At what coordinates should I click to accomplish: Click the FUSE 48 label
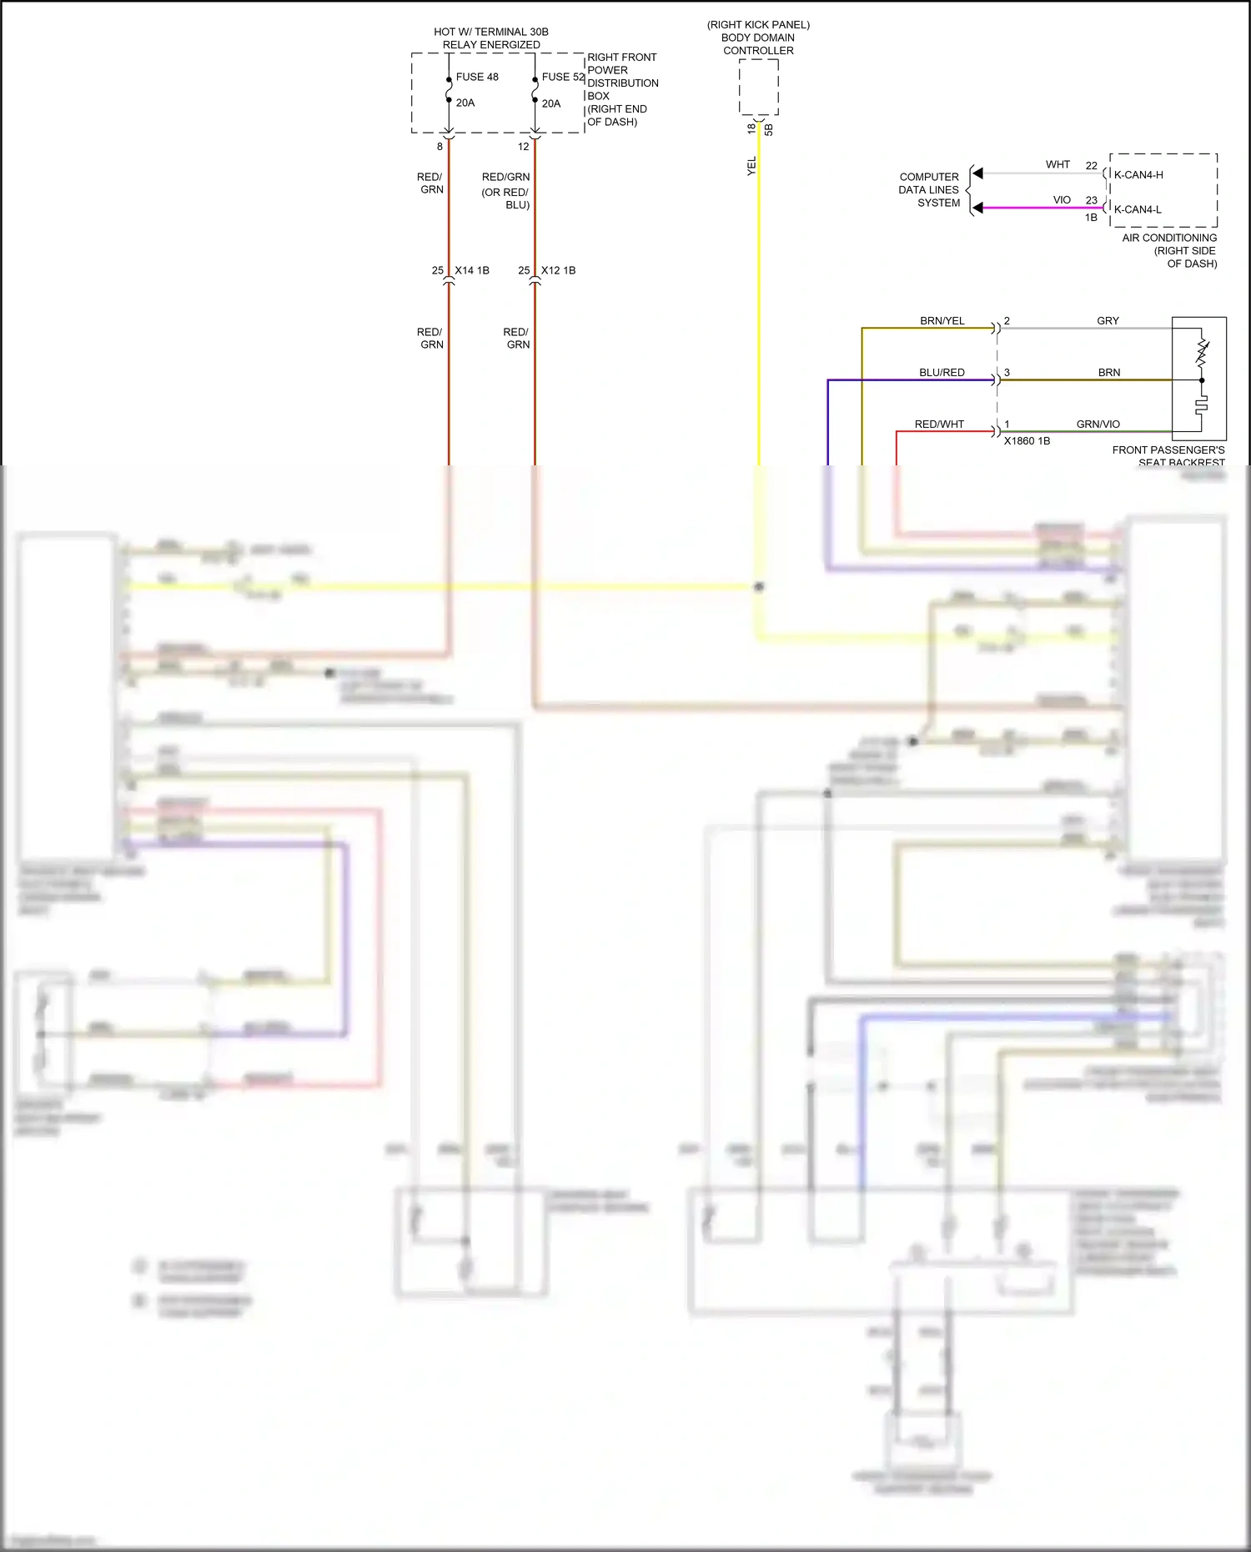pyautogui.click(x=477, y=77)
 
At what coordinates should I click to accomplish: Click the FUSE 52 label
pyautogui.click(x=563, y=77)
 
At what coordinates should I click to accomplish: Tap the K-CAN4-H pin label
pyautogui.click(x=1138, y=175)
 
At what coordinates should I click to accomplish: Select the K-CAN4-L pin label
pyautogui.click(x=1138, y=209)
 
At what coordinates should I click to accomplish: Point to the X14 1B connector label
pyautogui.click(x=472, y=270)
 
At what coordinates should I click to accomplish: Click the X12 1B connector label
pyautogui.click(x=558, y=270)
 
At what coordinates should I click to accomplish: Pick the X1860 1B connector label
pyautogui.click(x=1027, y=441)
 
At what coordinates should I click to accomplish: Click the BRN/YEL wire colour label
pyautogui.click(x=942, y=321)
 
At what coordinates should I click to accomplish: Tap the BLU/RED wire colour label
pyautogui.click(x=942, y=373)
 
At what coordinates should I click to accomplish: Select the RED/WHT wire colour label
pyautogui.click(x=939, y=424)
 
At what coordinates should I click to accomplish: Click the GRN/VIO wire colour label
pyautogui.click(x=1098, y=424)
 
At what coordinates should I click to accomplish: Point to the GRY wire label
pyautogui.click(x=1108, y=321)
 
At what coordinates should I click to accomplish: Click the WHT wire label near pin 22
pyautogui.click(x=1058, y=165)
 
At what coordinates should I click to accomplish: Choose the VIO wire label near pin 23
pyautogui.click(x=1062, y=200)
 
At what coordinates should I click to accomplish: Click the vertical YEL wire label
pyautogui.click(x=751, y=166)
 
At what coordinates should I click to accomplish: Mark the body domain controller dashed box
pyautogui.click(x=758, y=87)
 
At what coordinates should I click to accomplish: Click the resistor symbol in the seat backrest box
pyautogui.click(x=1202, y=353)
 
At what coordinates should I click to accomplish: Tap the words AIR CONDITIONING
pyautogui.click(x=1169, y=238)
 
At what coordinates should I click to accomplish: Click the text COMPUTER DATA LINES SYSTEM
pyautogui.click(x=929, y=190)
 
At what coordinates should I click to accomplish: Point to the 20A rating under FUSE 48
pyautogui.click(x=465, y=103)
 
